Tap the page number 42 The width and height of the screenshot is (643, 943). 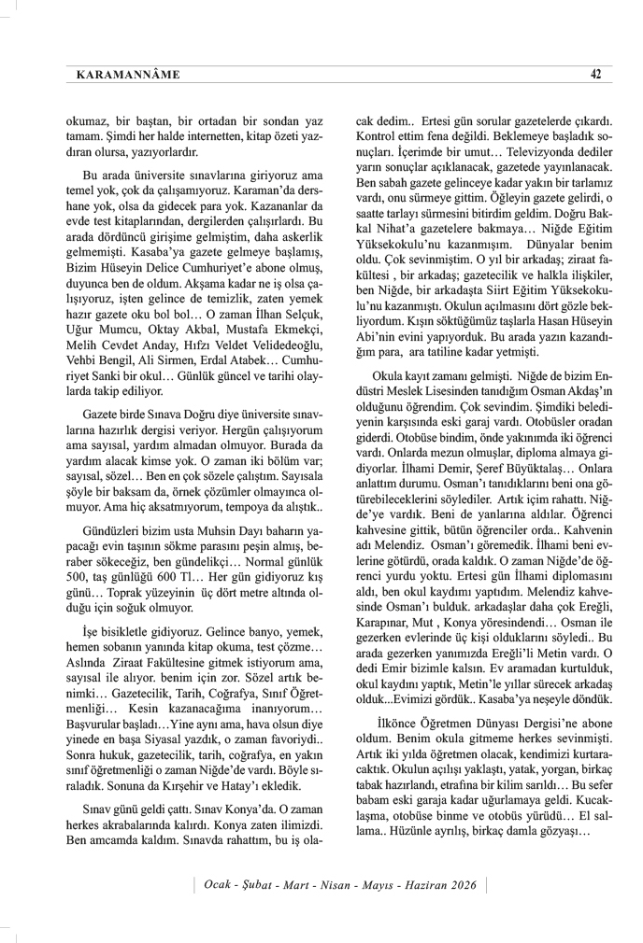pos(594,75)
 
